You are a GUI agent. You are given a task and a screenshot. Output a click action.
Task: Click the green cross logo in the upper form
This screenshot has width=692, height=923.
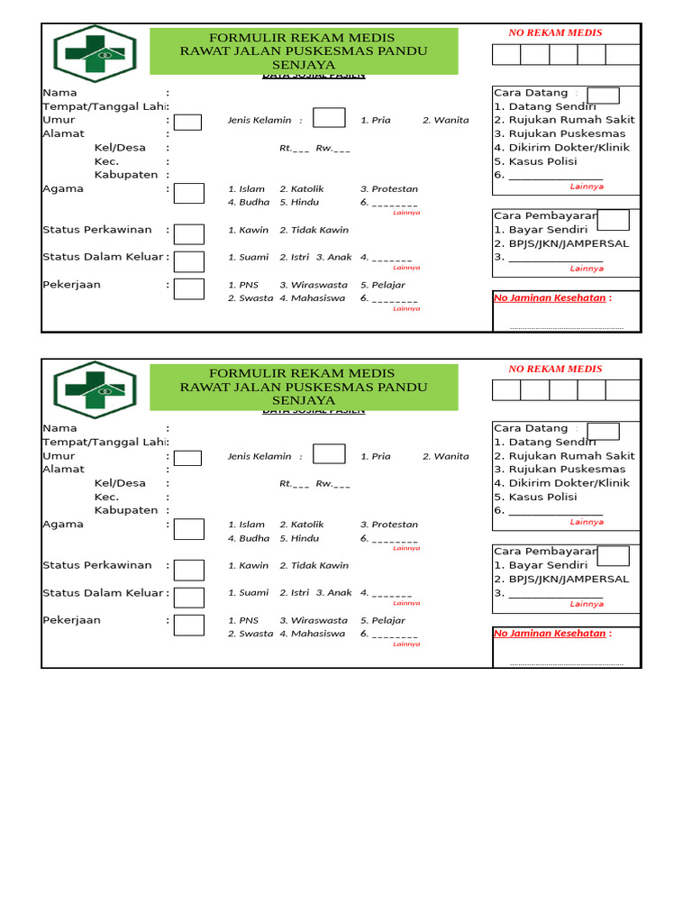pyautogui.click(x=95, y=54)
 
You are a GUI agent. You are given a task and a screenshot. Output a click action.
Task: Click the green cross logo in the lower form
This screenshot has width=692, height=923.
pyautogui.click(x=95, y=390)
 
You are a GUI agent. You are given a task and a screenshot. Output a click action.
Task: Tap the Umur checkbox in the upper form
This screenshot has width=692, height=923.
pyautogui.click(x=187, y=123)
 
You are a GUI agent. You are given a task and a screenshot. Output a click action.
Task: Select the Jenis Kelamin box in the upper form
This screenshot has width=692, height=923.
pyautogui.click(x=329, y=118)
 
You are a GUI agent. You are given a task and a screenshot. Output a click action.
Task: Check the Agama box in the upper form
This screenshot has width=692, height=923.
pyautogui.click(x=188, y=193)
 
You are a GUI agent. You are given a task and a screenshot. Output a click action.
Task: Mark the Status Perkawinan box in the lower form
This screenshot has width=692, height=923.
pyautogui.click(x=188, y=570)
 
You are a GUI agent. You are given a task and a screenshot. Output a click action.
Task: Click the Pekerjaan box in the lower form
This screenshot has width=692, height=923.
pyautogui.click(x=188, y=625)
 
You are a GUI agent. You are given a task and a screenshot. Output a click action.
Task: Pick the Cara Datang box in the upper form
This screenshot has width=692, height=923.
pyautogui.click(x=603, y=96)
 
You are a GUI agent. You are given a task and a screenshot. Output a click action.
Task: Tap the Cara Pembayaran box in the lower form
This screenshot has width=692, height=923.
pyautogui.click(x=613, y=555)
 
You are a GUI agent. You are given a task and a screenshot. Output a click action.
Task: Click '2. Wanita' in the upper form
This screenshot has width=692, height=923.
pyautogui.click(x=446, y=120)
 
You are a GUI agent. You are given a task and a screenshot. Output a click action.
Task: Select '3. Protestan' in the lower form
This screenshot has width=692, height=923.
pyautogui.click(x=389, y=525)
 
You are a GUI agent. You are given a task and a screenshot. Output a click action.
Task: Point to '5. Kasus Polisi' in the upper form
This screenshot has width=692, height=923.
pyautogui.click(x=535, y=161)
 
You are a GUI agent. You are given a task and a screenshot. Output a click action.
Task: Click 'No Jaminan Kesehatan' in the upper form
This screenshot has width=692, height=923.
pyautogui.click(x=550, y=297)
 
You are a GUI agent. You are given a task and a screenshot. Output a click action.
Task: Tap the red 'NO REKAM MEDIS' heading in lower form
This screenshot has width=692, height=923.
pyautogui.click(x=555, y=369)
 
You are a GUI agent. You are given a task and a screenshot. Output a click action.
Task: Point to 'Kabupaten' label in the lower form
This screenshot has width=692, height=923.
pyautogui.click(x=126, y=510)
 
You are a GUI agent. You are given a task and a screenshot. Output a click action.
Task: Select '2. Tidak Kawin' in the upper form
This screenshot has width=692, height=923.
pyautogui.click(x=314, y=230)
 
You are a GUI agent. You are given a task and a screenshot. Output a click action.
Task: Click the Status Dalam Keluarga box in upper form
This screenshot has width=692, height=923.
pyautogui.click(x=188, y=261)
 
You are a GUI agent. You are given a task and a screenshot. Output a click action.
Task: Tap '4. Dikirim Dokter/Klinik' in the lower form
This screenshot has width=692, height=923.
pyautogui.click(x=561, y=483)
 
